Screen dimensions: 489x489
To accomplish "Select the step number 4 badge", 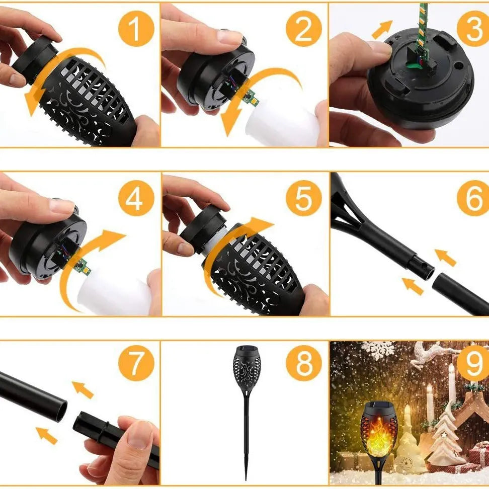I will tap(135, 199).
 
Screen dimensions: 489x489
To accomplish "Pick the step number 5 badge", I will tap(303, 199).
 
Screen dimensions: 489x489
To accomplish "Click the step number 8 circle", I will tap(303, 363).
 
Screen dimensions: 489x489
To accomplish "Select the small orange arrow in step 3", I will tap(383, 30).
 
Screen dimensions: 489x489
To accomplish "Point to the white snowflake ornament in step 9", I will tap(378, 349).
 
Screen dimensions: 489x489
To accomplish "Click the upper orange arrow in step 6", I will tap(446, 257).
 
